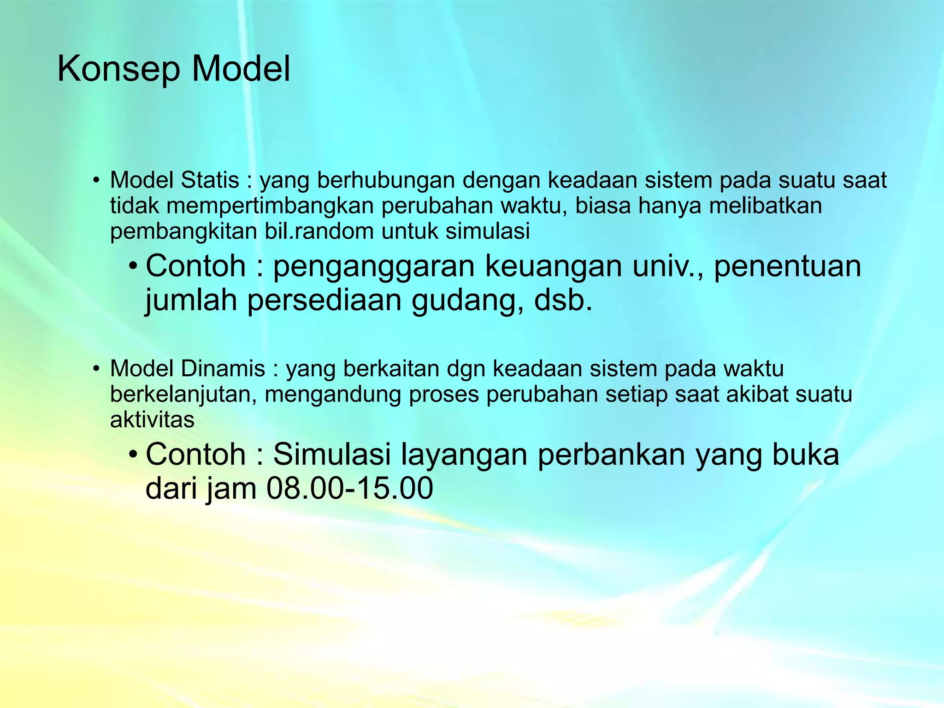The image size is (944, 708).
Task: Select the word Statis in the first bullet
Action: point(210,180)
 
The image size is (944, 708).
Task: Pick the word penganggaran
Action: point(374,267)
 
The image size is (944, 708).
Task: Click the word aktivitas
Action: point(152,419)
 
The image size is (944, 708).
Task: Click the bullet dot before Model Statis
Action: point(96,181)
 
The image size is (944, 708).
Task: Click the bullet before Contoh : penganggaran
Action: point(133,267)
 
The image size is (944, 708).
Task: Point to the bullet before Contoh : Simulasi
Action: point(133,455)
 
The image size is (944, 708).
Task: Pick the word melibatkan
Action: point(765,206)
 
